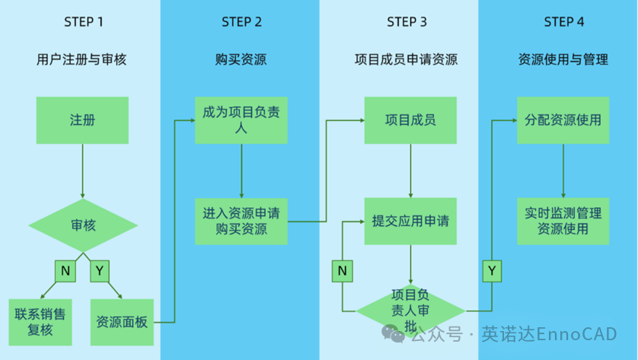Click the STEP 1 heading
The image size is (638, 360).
[x=83, y=21]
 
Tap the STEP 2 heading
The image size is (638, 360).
[x=241, y=21]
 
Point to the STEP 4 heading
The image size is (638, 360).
[x=564, y=21]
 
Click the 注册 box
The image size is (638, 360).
[x=82, y=120]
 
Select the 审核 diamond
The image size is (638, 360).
[x=83, y=225]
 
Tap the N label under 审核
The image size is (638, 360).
[x=65, y=269]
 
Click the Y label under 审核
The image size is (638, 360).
[x=100, y=269]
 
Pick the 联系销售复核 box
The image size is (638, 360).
[x=41, y=322]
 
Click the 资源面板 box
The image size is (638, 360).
[x=122, y=322]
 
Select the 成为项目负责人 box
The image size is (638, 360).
[x=241, y=120]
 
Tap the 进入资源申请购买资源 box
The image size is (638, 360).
[x=241, y=221]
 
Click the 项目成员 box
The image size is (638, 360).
[x=410, y=120]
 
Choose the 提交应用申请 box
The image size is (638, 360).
[x=410, y=221]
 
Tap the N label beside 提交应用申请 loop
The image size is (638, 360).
[x=343, y=269]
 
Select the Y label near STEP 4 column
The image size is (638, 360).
[x=492, y=269]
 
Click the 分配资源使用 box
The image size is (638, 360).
[x=563, y=120]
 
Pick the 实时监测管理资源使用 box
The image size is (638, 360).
[x=563, y=221]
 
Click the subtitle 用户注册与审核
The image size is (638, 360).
[x=81, y=59]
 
